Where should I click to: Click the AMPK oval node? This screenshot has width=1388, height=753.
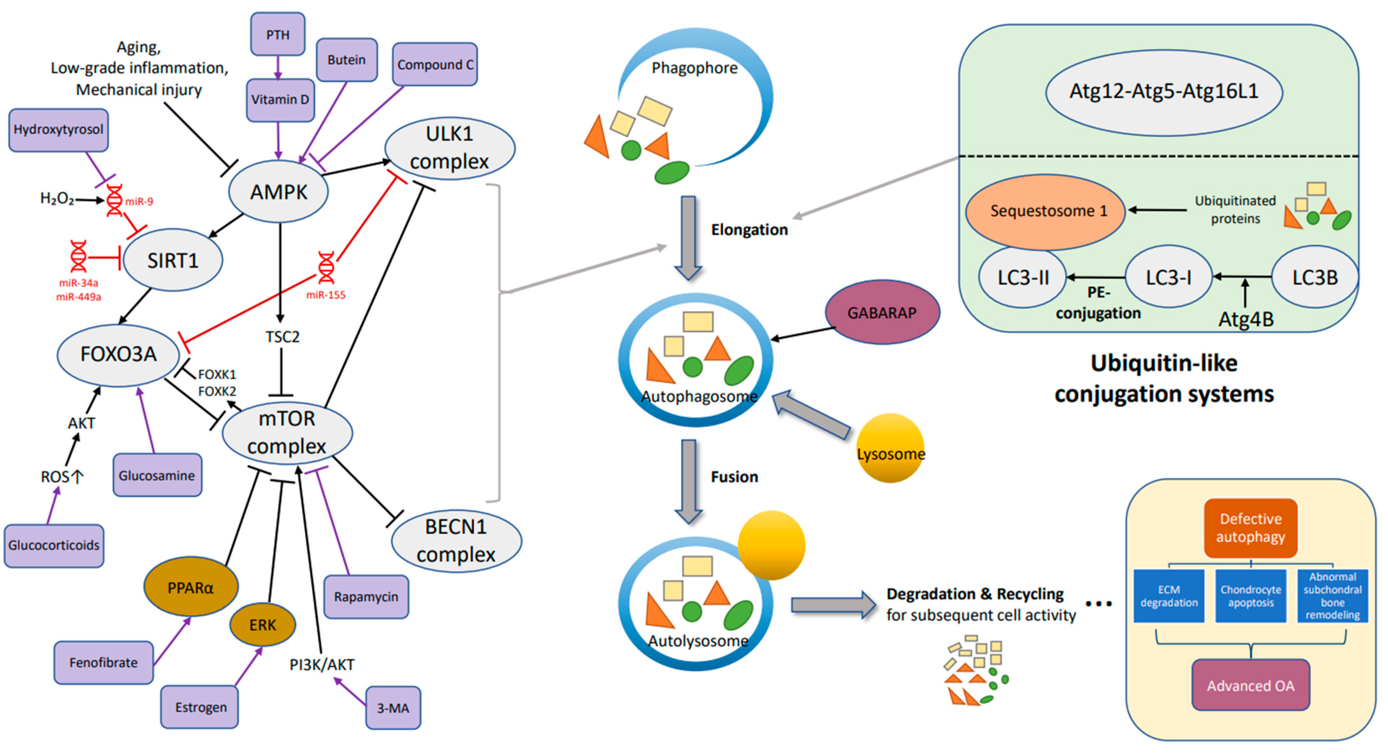278,192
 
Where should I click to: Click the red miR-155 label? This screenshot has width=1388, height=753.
326,295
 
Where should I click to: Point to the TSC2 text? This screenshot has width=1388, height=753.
282,337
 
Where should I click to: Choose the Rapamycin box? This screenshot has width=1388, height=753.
366,597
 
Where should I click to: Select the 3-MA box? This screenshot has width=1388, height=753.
393,708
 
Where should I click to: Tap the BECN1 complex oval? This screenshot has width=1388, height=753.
456,541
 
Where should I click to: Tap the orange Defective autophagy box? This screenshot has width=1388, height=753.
1250,528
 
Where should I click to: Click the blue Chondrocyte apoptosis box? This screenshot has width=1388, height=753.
1250,596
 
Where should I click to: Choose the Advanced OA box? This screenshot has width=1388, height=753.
1250,685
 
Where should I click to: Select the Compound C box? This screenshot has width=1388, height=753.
435,65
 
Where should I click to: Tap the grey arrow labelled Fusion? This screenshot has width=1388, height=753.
689,480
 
